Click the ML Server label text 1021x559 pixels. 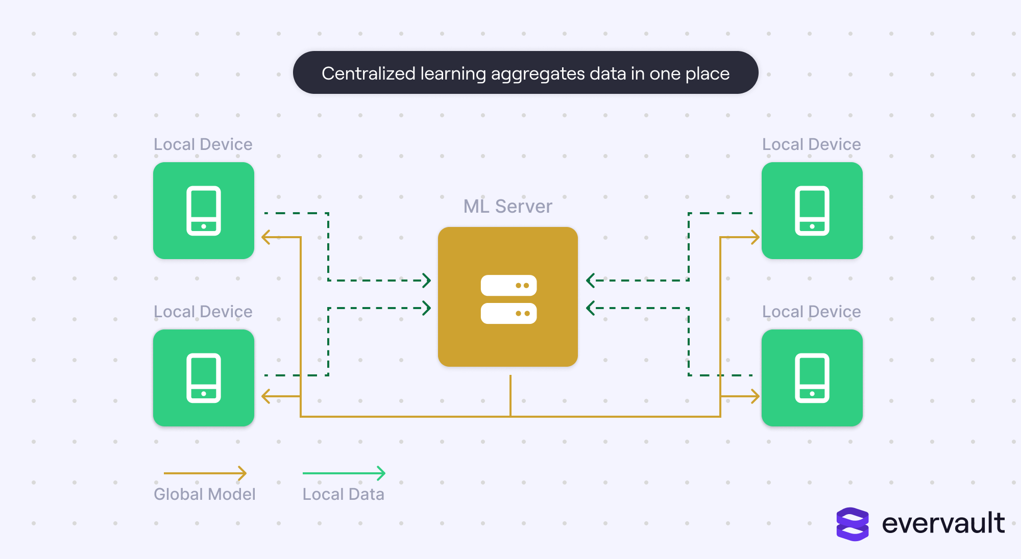[x=507, y=206]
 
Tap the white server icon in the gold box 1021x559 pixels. [x=508, y=299]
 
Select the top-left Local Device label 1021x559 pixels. [x=203, y=144]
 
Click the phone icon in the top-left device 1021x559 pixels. [x=204, y=211]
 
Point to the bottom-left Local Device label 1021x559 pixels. [x=203, y=312]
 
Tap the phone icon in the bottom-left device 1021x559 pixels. [x=204, y=378]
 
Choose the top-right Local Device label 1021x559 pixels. [x=812, y=144]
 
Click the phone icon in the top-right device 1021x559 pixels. [x=812, y=211]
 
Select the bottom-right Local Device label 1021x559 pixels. [x=812, y=312]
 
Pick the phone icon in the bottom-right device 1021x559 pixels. [x=812, y=378]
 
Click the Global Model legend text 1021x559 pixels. [x=205, y=494]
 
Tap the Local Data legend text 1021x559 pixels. [x=344, y=494]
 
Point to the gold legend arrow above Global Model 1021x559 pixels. [x=205, y=473]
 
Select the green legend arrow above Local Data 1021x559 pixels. [x=344, y=473]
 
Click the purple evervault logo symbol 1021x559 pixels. [x=853, y=524]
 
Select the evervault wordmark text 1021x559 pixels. [x=943, y=523]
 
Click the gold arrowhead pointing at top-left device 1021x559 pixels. [x=265, y=237]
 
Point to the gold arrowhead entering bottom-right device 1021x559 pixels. [x=755, y=396]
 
